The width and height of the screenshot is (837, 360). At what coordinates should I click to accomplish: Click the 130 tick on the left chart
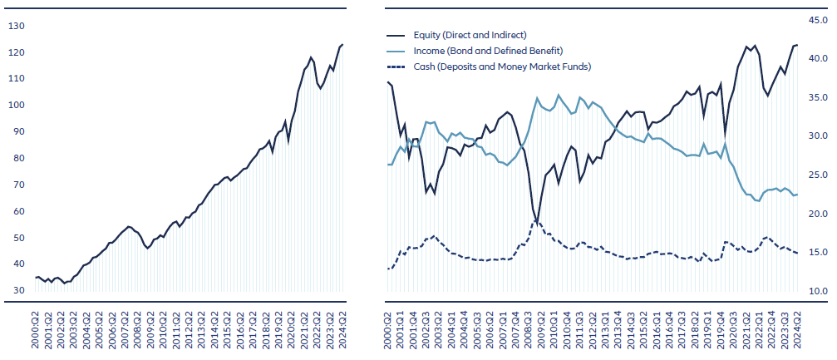coord(17,26)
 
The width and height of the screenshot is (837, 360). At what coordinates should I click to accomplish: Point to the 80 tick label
coord(17,158)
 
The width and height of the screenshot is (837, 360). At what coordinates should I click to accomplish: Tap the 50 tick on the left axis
coord(17,238)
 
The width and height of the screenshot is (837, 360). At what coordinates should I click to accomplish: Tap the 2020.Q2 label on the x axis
coord(293,328)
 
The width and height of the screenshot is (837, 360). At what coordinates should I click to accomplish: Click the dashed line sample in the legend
coord(397,67)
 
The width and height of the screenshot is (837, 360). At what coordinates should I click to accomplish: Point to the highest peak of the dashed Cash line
coord(537,220)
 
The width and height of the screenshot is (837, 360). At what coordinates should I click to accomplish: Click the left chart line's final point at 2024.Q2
coord(342,45)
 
